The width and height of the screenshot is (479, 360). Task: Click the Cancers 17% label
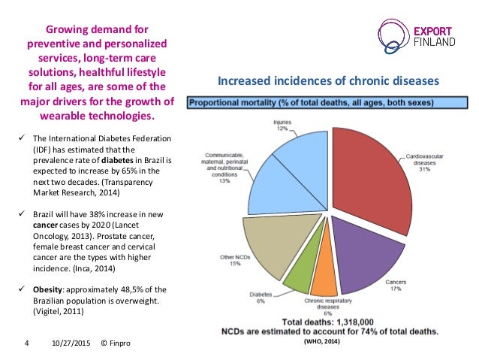[x=396, y=286]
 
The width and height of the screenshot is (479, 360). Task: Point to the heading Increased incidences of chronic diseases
[x=328, y=81]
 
